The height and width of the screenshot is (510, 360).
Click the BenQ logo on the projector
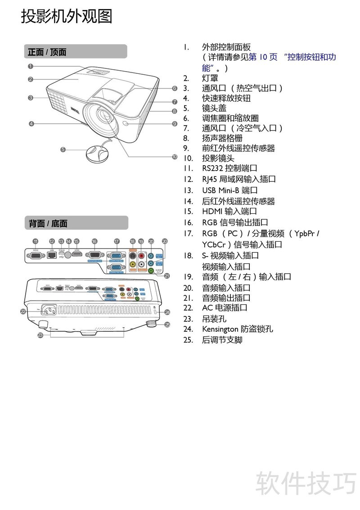click(x=75, y=109)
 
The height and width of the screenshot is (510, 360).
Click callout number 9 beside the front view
click(x=174, y=123)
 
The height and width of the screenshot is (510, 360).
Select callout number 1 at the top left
click(x=30, y=66)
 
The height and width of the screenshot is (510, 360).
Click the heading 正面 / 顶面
click(x=47, y=52)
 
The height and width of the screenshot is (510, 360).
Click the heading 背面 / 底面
click(x=48, y=223)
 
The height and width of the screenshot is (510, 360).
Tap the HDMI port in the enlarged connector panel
click(x=77, y=255)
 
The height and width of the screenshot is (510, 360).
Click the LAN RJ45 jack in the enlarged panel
click(x=52, y=255)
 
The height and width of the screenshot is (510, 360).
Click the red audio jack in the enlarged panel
click(x=141, y=255)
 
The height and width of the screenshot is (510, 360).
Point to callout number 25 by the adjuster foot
click(x=167, y=324)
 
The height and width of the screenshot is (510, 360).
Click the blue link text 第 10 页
click(x=263, y=57)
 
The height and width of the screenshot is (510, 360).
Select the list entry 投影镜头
click(x=218, y=158)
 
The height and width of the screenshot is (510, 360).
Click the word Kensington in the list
click(x=220, y=329)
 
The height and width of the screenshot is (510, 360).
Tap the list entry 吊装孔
click(x=214, y=319)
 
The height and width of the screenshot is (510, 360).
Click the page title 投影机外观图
click(x=67, y=17)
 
